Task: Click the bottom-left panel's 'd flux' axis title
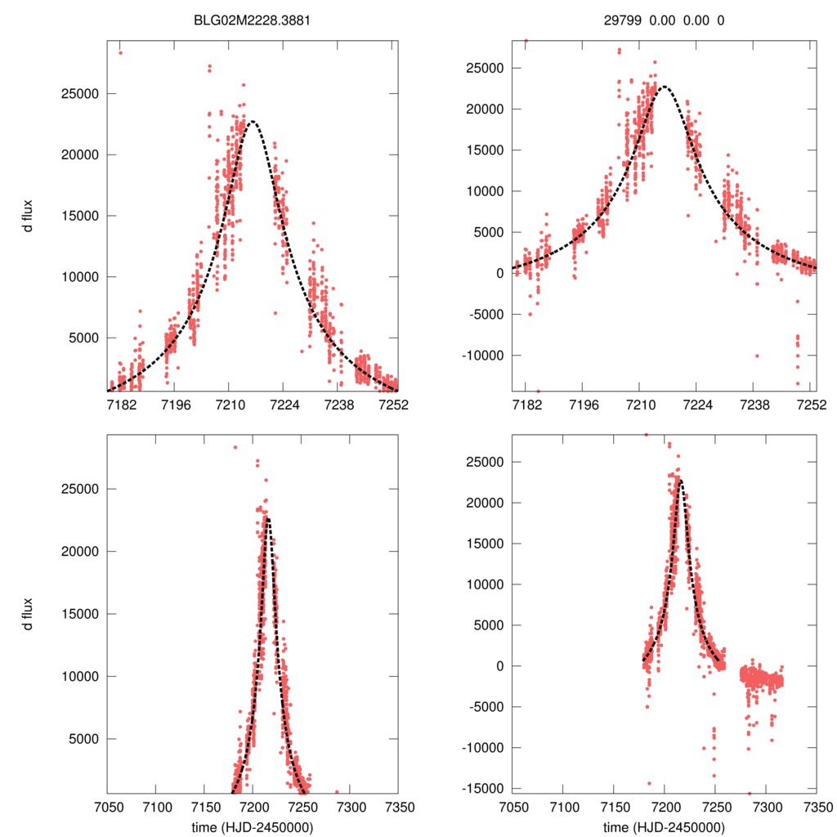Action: pyautogui.click(x=27, y=614)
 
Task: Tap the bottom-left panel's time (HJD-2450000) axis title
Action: pyautogui.click(x=253, y=827)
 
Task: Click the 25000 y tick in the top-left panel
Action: pyautogui.click(x=81, y=93)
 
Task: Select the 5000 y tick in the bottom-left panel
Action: pyautogui.click(x=84, y=739)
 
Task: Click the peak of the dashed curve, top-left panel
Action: pyautogui.click(x=253, y=122)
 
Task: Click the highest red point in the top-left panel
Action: pyautogui.click(x=120, y=53)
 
